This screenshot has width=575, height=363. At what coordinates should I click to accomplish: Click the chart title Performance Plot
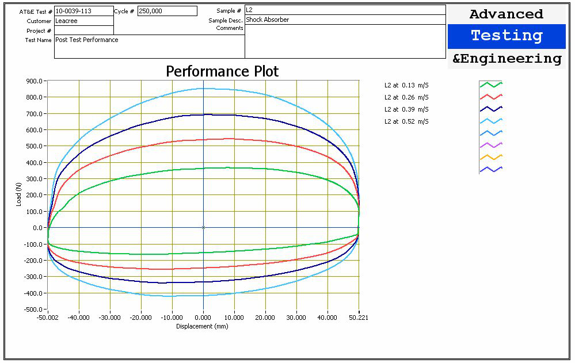222,71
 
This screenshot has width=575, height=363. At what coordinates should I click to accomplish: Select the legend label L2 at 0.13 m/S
406,85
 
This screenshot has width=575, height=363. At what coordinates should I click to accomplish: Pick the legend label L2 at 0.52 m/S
406,121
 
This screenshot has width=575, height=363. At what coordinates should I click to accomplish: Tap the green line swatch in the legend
491,85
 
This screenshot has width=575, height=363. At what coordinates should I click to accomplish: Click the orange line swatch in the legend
491,157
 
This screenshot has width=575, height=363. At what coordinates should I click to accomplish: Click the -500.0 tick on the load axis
33,309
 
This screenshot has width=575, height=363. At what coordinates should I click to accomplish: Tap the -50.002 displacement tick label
48,318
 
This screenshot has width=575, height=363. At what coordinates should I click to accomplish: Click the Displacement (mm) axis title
202,326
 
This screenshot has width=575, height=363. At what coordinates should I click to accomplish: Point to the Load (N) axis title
19,194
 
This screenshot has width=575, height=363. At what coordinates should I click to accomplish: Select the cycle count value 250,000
152,11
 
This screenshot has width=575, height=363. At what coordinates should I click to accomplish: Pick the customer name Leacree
66,21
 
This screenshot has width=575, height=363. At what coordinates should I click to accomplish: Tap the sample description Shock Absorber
268,20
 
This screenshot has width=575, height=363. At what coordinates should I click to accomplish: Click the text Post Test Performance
87,40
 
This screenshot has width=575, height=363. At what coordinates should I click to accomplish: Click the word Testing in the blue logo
507,36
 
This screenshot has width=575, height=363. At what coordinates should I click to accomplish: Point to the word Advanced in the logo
507,14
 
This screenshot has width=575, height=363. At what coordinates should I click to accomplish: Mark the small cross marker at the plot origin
203,227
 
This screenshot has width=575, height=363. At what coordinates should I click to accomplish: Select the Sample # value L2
250,10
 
